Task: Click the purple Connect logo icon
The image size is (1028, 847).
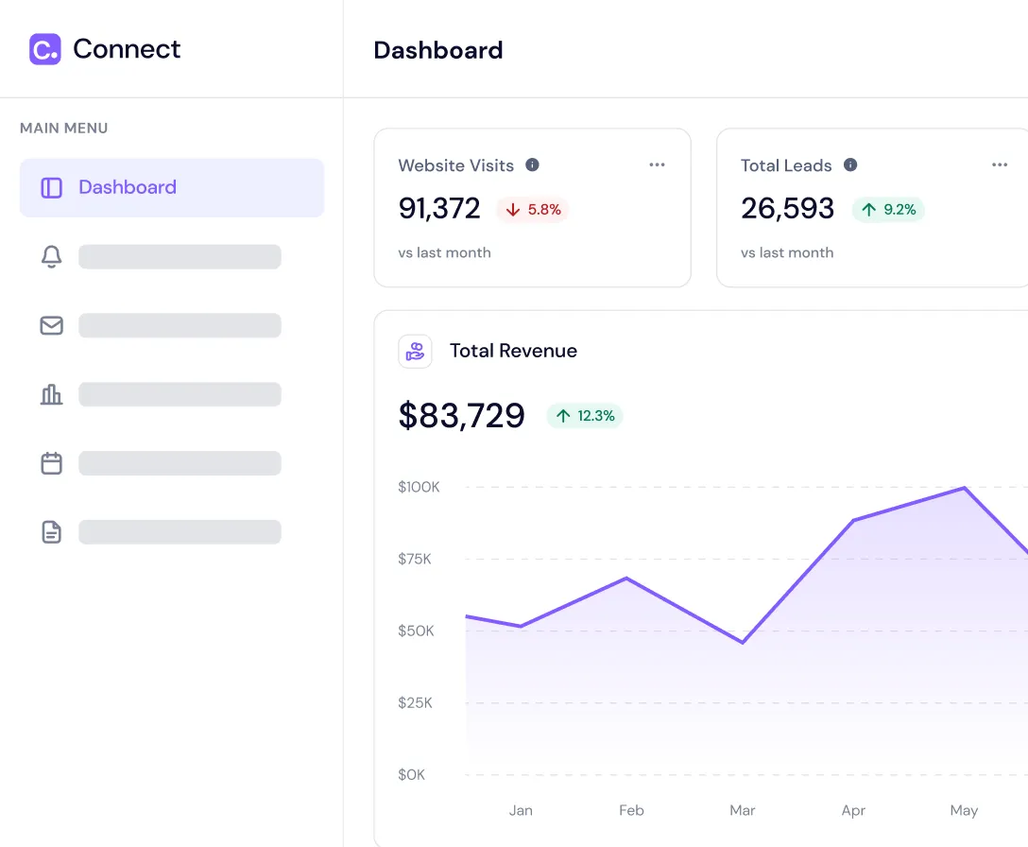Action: [x=44, y=49]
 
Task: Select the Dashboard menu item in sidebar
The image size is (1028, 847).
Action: [x=172, y=188]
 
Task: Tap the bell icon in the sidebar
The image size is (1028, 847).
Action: [x=51, y=257]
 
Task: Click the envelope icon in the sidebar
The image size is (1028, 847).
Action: [x=51, y=326]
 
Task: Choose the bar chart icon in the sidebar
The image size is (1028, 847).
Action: [x=51, y=394]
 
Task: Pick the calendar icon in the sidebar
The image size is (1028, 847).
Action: [x=51, y=463]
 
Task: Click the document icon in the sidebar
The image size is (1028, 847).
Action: [x=51, y=532]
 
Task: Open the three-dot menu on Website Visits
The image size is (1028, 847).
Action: [x=657, y=165]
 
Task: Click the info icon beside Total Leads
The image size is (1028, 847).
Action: [x=850, y=165]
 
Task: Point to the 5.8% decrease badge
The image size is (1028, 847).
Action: [x=533, y=210]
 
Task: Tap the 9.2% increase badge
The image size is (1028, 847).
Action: [x=888, y=210]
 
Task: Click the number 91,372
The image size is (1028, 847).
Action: [x=439, y=209]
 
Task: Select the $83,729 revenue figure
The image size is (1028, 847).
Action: [x=461, y=416]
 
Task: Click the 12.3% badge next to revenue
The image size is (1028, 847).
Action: [x=585, y=416]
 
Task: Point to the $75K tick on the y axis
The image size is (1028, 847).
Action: [x=415, y=559]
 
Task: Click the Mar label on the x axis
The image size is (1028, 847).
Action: [x=743, y=810]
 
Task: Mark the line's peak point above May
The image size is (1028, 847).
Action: [x=964, y=488]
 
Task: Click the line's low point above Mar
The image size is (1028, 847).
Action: [x=743, y=643]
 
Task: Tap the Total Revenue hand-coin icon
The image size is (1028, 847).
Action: [x=415, y=352]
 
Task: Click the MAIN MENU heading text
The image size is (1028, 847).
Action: [x=64, y=129]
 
